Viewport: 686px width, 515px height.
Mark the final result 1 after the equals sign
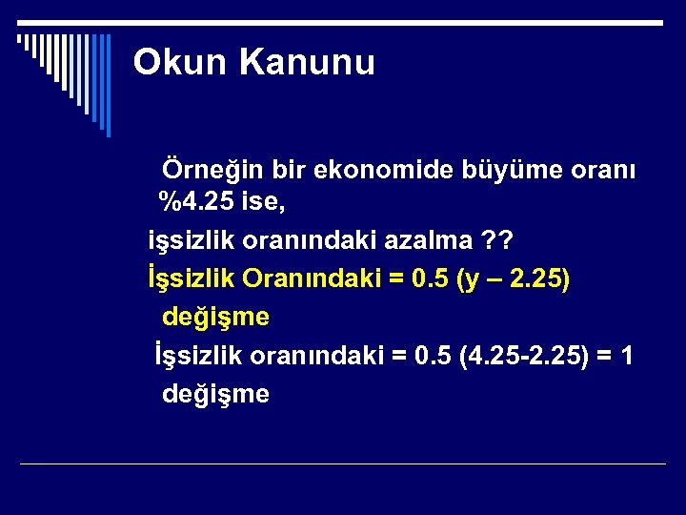tap(626, 355)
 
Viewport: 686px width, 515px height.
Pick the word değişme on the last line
tap(216, 393)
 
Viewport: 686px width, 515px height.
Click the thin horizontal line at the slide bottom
tap(343, 464)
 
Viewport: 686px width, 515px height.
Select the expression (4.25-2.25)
tap(518, 355)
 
